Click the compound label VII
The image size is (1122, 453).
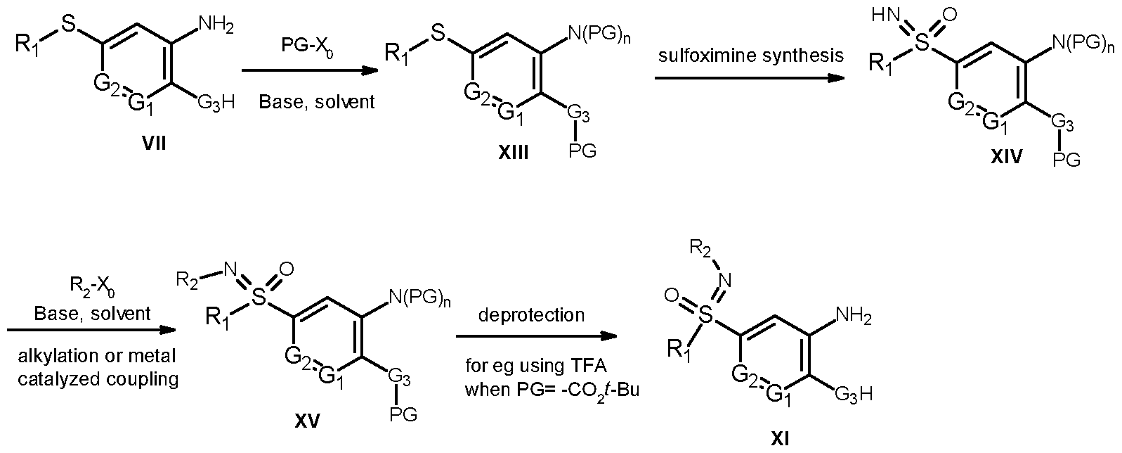click(154, 144)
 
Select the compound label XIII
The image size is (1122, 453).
click(514, 152)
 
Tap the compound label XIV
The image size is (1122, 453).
click(1007, 158)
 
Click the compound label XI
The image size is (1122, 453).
click(780, 440)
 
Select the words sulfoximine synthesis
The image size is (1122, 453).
click(750, 56)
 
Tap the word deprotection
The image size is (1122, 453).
click(531, 314)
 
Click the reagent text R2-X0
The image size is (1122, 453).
click(93, 288)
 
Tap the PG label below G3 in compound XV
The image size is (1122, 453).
click(403, 415)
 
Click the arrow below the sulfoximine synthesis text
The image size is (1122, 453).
click(750, 78)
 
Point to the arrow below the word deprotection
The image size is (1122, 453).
click(536, 336)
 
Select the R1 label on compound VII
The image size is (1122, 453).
click(25, 44)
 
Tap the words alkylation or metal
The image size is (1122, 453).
click(97, 356)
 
